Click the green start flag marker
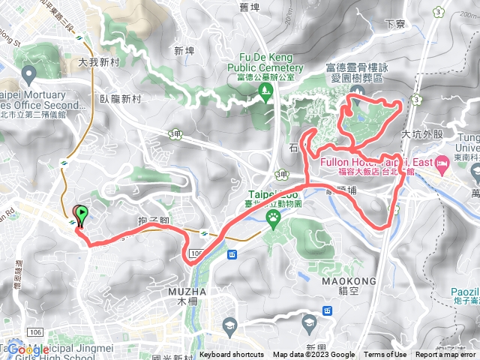coord(82,214)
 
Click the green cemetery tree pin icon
coord(265,92)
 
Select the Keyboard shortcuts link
coord(232,355)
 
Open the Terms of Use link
coord(385,355)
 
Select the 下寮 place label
coord(394,24)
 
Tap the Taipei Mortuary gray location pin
coord(29,73)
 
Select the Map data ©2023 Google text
coord(314,355)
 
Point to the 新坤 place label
coord(184,50)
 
